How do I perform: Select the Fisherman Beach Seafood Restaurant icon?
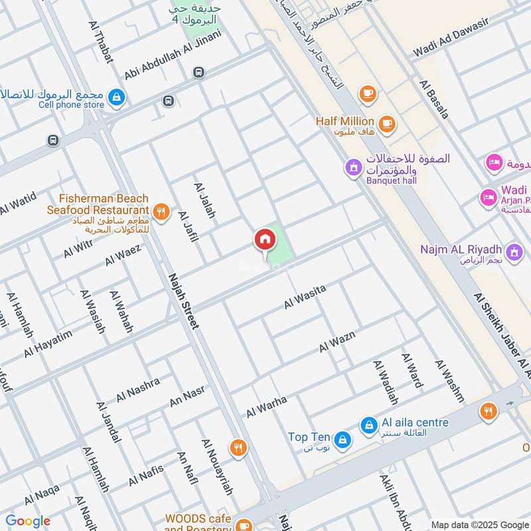[x=160, y=212]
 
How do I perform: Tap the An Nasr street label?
[x=187, y=395]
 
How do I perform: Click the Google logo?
[x=27, y=521]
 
